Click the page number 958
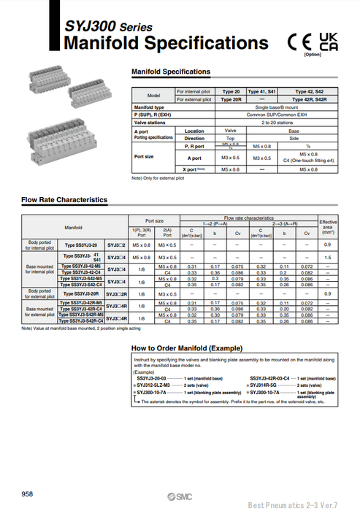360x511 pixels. pyautogui.click(x=27, y=494)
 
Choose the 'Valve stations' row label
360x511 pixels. pyautogui.click(x=150, y=123)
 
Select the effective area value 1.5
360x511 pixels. pyautogui.click(x=328, y=257)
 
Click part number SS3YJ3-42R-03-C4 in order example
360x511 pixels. pyautogui.click(x=274, y=378)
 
